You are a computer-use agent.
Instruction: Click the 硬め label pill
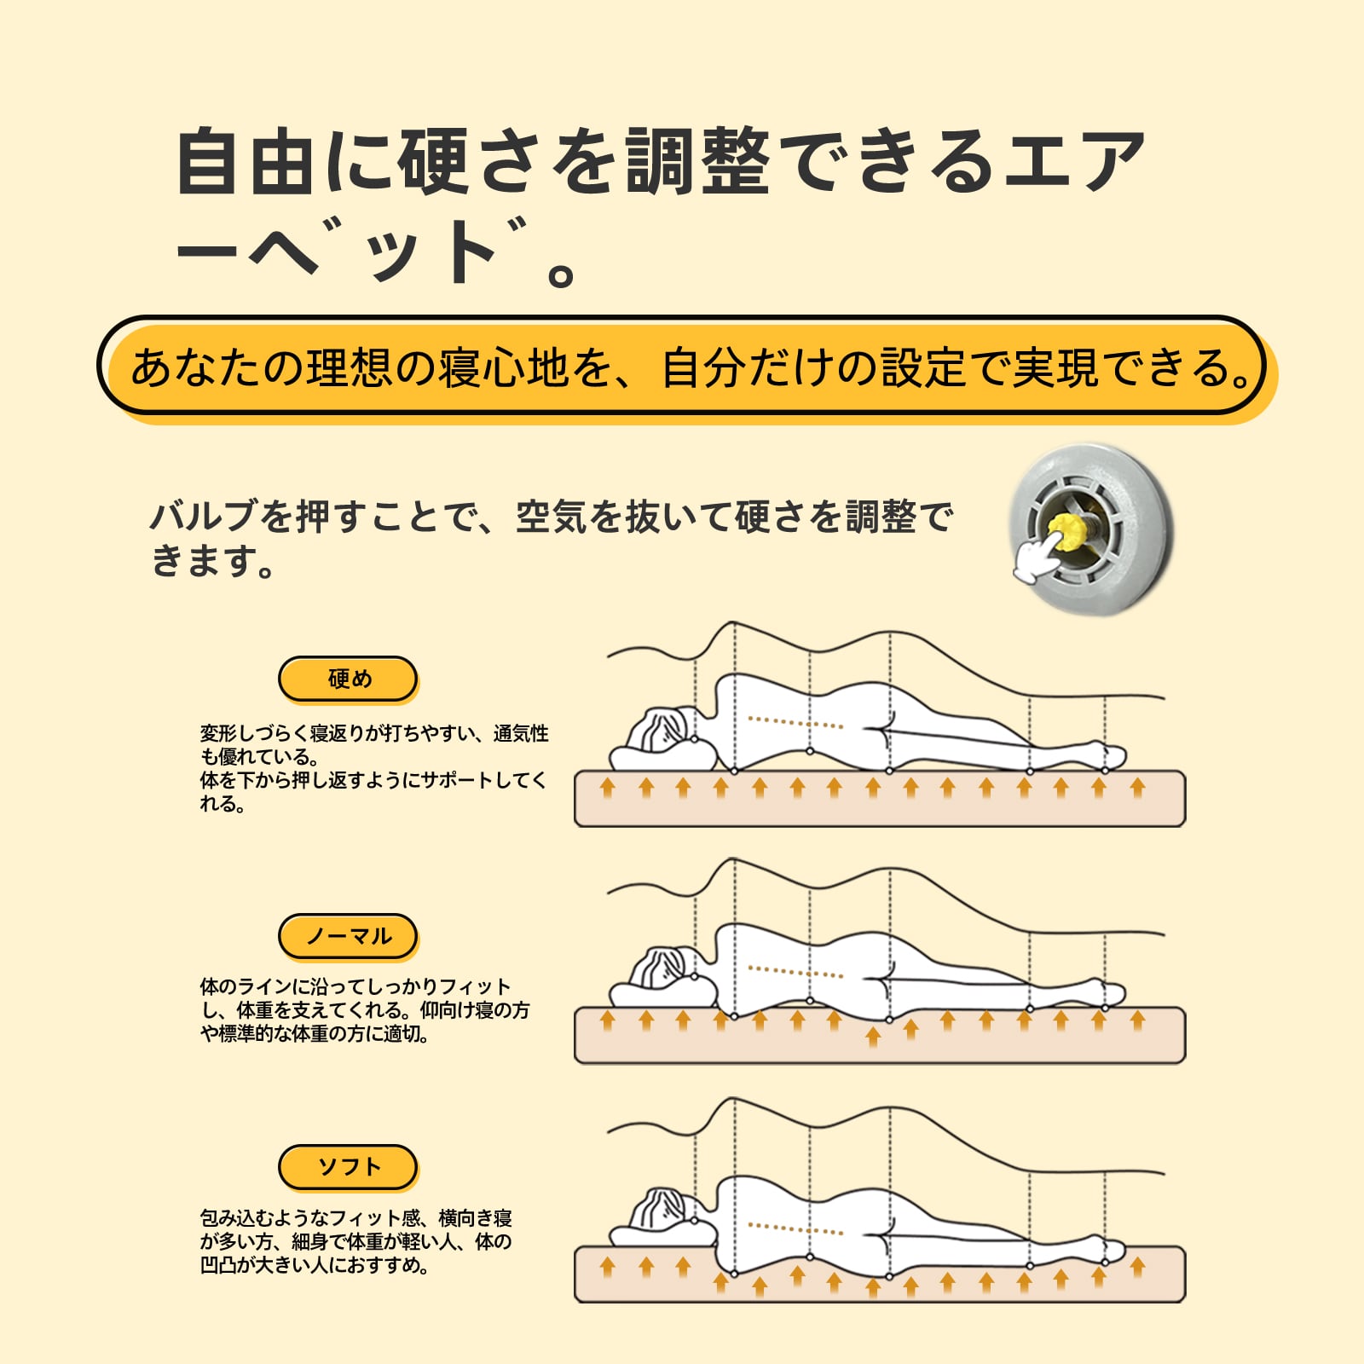click(x=348, y=679)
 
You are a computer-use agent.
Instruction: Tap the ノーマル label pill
click(x=348, y=936)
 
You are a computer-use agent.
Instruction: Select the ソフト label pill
click(x=348, y=1166)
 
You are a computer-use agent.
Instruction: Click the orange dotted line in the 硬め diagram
click(x=795, y=723)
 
